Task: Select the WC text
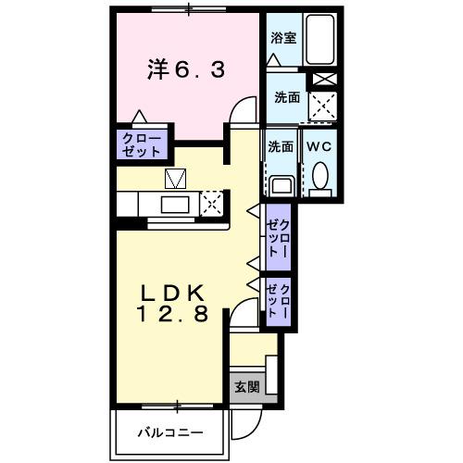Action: pyautogui.click(x=319, y=146)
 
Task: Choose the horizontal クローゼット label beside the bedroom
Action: pyautogui.click(x=141, y=144)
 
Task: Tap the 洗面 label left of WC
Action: pyautogui.click(x=281, y=146)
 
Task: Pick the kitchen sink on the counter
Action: pyautogui.click(x=175, y=205)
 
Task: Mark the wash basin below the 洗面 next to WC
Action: pyautogui.click(x=282, y=184)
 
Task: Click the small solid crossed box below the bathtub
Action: pyautogui.click(x=321, y=80)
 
